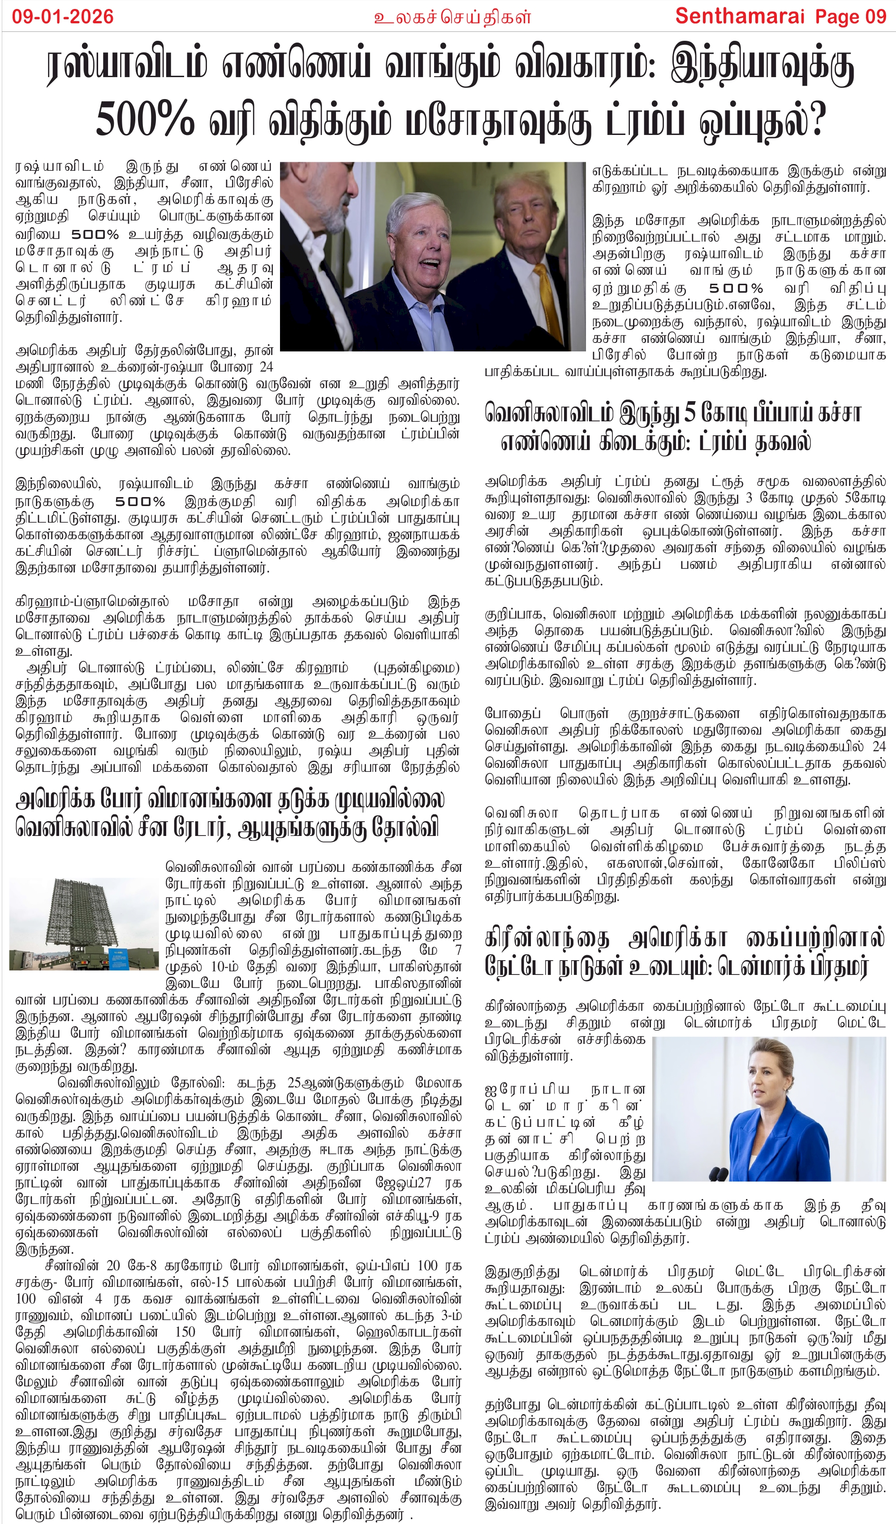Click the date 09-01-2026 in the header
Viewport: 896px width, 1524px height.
[x=63, y=16]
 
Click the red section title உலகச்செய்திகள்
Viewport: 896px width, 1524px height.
[x=452, y=17]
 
